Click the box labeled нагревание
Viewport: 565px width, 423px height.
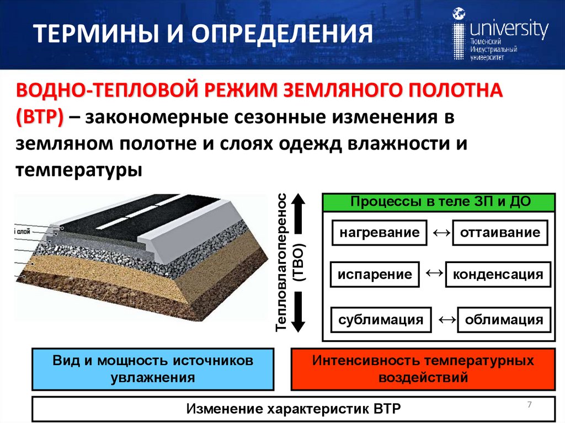pyautogui.click(x=379, y=232)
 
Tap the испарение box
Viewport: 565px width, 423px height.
pyautogui.click(x=375, y=274)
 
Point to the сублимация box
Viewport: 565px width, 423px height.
pyautogui.click(x=381, y=319)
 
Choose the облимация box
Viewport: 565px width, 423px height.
pyautogui.click(x=504, y=319)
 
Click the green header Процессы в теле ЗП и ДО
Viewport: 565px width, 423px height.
pyautogui.click(x=440, y=201)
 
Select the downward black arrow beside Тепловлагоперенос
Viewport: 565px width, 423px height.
pyautogui.click(x=298, y=312)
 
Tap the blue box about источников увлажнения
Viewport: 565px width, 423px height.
pyautogui.click(x=153, y=369)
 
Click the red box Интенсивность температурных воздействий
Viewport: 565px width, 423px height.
pyautogui.click(x=423, y=369)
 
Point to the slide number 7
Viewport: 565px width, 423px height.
pyautogui.click(x=530, y=405)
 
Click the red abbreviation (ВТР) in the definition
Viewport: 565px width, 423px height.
pyautogui.click(x=39, y=117)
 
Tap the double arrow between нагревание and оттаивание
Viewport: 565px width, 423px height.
pyautogui.click(x=439, y=232)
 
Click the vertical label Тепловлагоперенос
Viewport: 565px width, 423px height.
pyautogui.click(x=282, y=263)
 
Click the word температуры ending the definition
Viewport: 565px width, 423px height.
pyautogui.click(x=79, y=169)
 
